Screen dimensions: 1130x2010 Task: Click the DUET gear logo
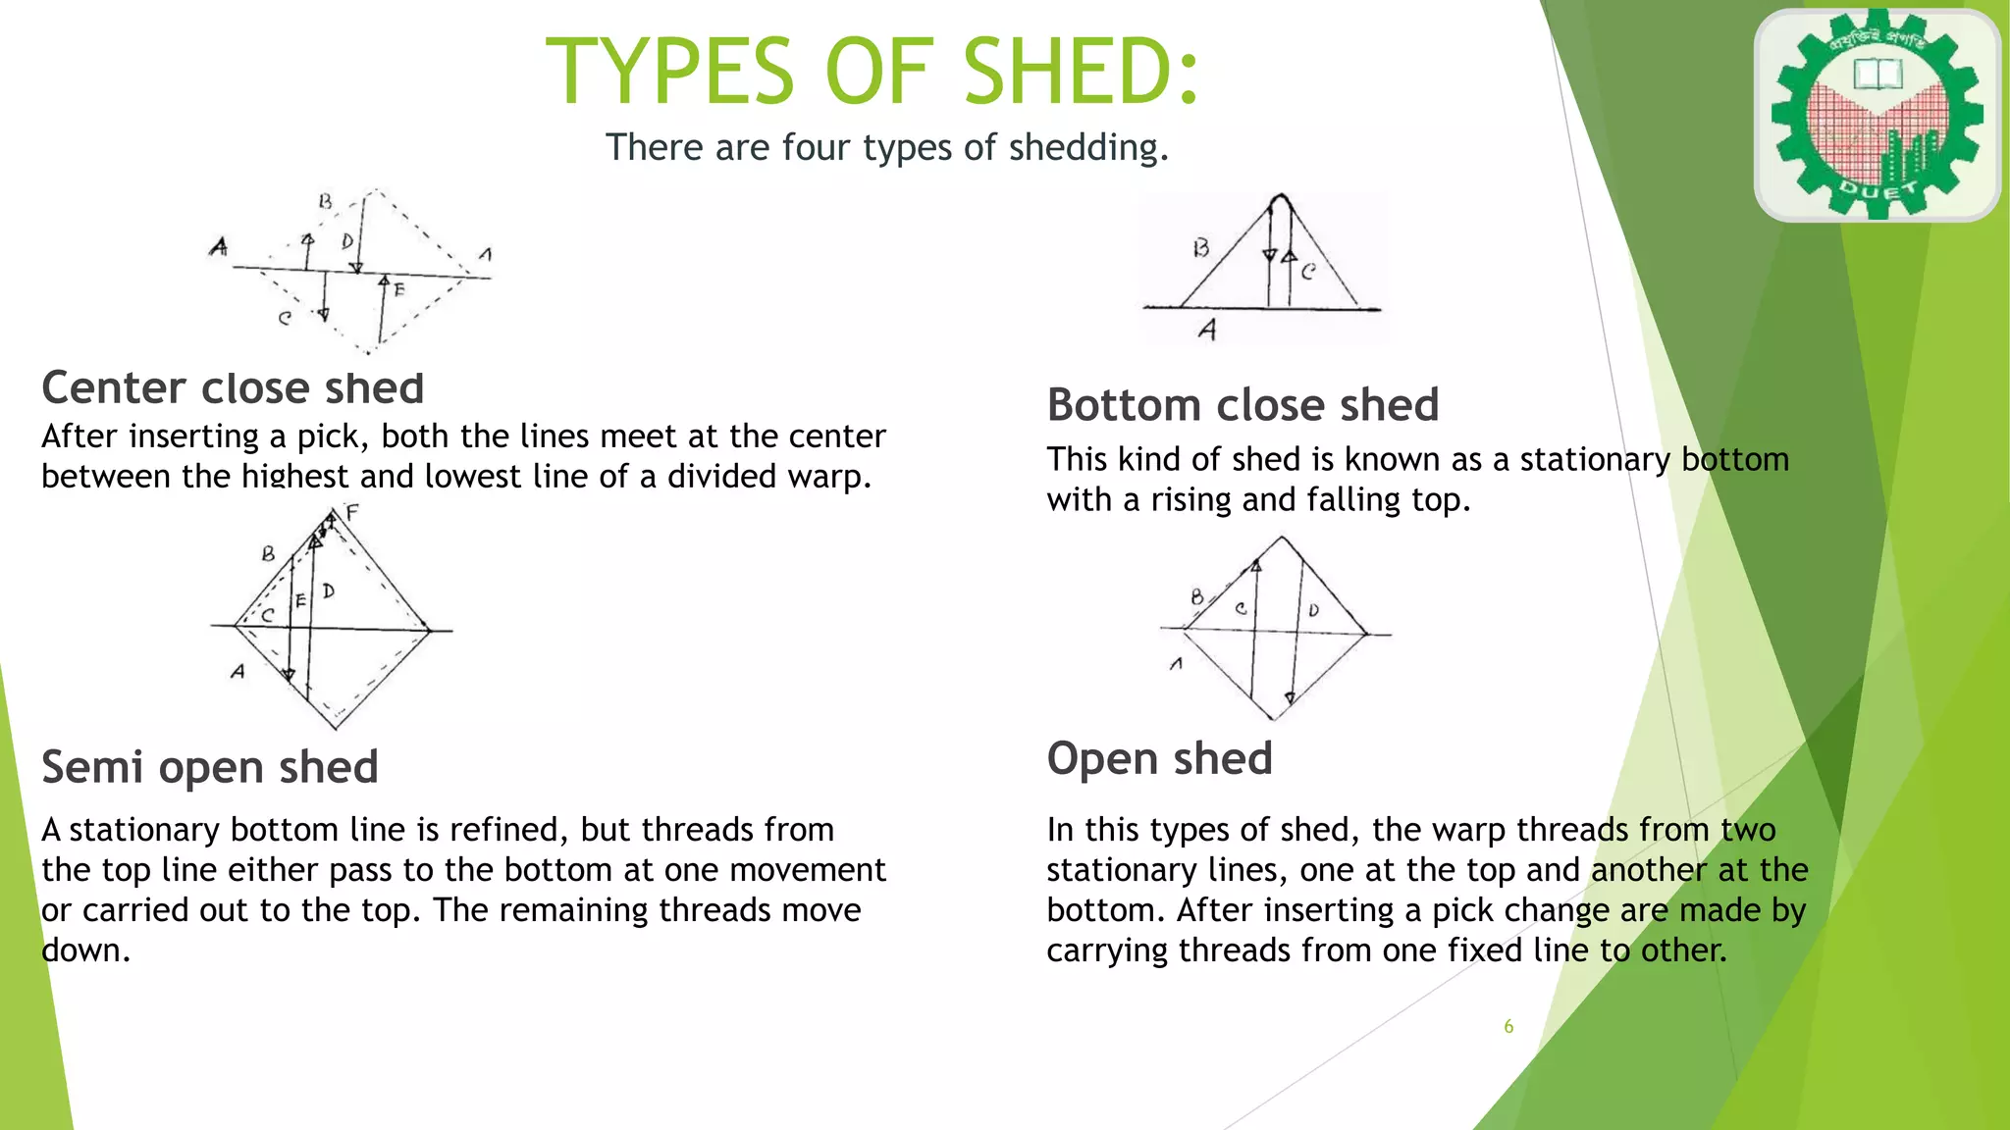pos(1877,115)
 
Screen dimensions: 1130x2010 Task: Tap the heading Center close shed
pos(233,388)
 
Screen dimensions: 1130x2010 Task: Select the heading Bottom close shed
pos(1243,405)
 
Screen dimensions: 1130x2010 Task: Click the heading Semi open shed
pos(209,767)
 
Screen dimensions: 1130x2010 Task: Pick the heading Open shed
pos(1159,759)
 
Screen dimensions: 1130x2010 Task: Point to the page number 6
pos(1508,1027)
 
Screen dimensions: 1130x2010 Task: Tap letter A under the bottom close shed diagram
pos(1208,331)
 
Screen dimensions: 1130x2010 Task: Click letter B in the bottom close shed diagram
pos(1200,248)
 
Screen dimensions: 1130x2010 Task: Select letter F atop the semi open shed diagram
pos(352,512)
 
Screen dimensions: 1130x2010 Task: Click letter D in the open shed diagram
pos(1314,610)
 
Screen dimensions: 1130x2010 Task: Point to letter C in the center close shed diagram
pos(285,318)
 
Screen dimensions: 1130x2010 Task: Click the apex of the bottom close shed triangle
pos(1279,198)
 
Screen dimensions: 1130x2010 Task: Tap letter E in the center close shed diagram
pos(398,289)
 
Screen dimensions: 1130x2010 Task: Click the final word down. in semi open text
pos(85,951)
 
